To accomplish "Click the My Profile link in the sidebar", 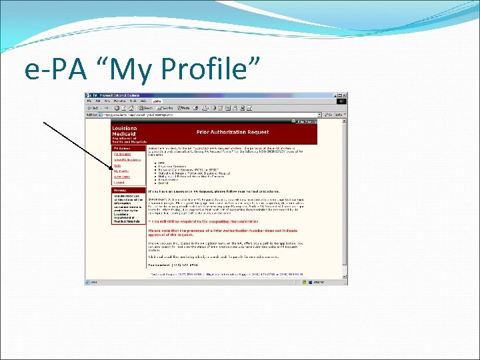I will tap(121, 171).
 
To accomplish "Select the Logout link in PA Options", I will tap(119, 182).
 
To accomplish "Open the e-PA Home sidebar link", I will tap(122, 177).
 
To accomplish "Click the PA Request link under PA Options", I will tap(121, 155).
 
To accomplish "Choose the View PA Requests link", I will tap(126, 160).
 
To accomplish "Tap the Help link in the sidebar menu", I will tap(117, 165).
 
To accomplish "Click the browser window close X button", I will tap(344, 95).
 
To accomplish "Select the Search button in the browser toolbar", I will tap(145, 108).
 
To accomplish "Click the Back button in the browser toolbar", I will tap(93, 108).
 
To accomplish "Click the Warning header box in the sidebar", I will tap(118, 190).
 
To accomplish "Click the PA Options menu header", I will tap(121, 148).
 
